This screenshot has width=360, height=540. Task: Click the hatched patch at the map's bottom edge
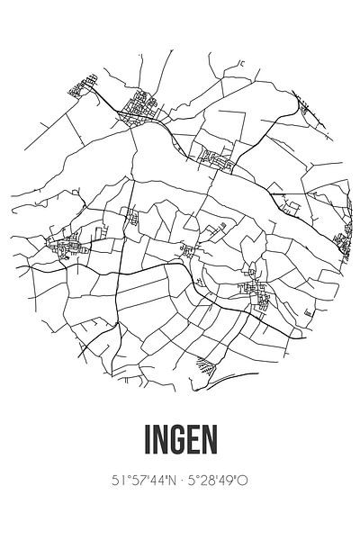click(207, 366)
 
